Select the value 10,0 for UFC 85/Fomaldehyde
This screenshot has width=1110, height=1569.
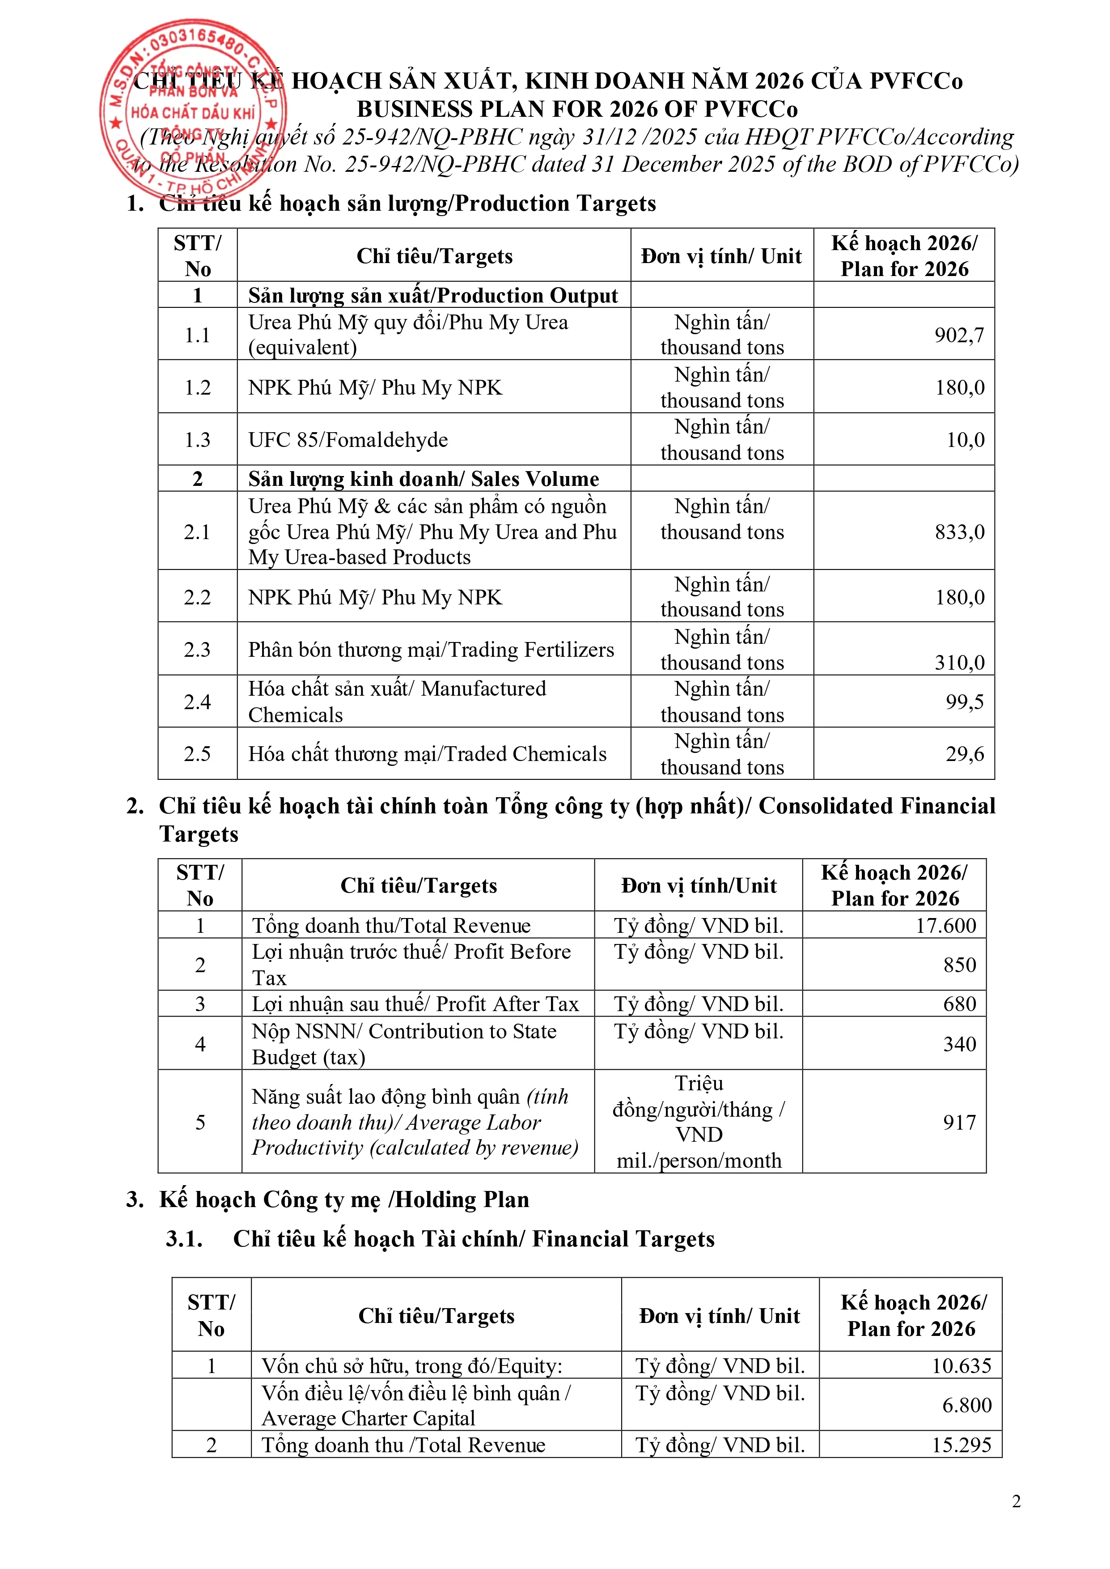tap(965, 440)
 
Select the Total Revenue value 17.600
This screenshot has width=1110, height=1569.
tap(945, 925)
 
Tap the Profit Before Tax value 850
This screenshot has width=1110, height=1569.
tap(960, 965)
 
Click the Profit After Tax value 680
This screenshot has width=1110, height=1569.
tap(960, 1003)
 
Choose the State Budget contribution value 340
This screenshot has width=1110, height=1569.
tap(960, 1044)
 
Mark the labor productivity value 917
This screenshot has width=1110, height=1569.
tap(960, 1122)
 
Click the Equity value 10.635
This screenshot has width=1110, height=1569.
tap(961, 1365)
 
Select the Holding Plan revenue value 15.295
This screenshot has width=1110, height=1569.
tap(961, 1445)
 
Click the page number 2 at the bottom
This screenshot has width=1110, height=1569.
tap(1016, 1501)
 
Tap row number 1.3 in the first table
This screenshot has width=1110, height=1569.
tap(198, 440)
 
